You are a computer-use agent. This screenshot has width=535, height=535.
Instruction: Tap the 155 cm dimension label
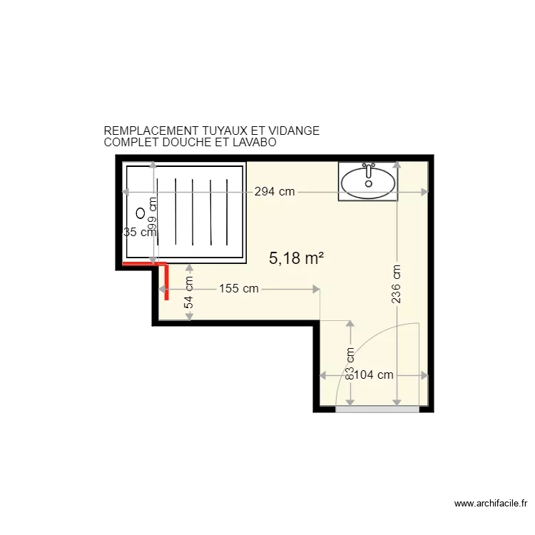[239, 289]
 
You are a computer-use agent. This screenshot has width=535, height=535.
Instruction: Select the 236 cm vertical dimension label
[397, 284]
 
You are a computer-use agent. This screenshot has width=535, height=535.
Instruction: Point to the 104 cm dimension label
[374, 375]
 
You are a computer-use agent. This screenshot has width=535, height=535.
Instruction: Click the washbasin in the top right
[368, 182]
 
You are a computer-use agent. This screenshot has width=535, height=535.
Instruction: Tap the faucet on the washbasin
[369, 171]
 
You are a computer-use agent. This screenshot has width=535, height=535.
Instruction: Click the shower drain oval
[141, 212]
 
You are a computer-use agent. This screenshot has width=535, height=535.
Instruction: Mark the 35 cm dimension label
[138, 232]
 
